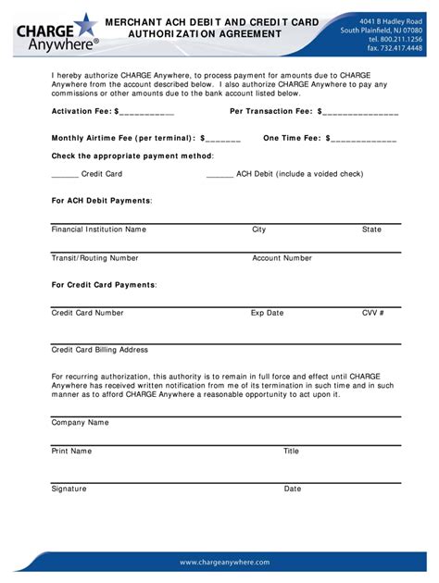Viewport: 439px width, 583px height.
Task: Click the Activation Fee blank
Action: tap(146, 111)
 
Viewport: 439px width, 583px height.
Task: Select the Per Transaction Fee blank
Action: tap(359, 111)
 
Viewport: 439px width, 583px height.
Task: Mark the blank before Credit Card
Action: tap(65, 173)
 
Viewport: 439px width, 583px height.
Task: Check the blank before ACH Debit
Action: tap(219, 173)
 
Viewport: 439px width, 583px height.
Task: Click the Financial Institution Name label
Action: tap(99, 229)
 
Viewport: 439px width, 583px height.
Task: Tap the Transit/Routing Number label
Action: tap(95, 258)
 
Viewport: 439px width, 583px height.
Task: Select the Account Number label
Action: tap(282, 258)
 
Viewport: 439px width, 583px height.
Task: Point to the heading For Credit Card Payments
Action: tap(104, 285)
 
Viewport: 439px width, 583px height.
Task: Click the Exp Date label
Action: tap(267, 313)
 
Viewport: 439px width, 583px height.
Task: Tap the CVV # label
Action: tap(372, 313)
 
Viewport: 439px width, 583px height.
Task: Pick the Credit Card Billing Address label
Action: tap(100, 350)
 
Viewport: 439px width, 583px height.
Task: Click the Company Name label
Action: tap(81, 422)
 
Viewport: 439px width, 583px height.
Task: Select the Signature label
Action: tap(69, 488)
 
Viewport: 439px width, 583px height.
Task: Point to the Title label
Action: tap(291, 451)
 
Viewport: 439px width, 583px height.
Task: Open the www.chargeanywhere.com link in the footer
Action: tap(224, 562)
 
